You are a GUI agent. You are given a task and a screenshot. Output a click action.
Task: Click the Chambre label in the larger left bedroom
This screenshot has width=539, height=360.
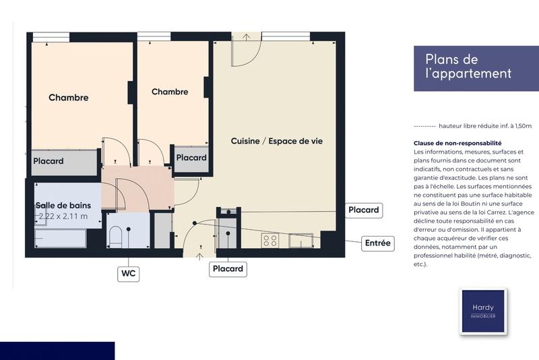(x=68, y=98)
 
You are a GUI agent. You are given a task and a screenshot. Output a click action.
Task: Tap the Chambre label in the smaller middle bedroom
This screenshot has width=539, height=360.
(x=170, y=92)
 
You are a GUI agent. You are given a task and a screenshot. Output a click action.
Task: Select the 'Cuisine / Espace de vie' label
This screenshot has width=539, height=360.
(x=276, y=141)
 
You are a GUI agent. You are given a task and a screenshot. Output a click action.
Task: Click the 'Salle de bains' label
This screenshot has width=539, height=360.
(x=67, y=205)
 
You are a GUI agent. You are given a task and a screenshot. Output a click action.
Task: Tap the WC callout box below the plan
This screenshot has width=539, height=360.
(x=128, y=274)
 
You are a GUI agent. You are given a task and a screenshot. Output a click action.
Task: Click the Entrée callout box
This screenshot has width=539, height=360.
(x=377, y=243)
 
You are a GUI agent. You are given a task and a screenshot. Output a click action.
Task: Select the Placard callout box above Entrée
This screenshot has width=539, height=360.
(x=363, y=210)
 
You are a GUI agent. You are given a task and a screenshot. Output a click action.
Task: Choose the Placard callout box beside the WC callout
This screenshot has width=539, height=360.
(x=228, y=268)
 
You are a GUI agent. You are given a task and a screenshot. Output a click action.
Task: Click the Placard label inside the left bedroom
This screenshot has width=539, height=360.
(x=49, y=161)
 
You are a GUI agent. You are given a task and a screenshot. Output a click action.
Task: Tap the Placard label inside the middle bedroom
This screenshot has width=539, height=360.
(x=191, y=158)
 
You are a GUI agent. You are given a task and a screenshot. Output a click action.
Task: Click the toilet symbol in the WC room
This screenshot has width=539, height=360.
(x=115, y=237)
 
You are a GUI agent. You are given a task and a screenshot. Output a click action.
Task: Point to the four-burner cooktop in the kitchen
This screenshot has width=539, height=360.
(x=271, y=240)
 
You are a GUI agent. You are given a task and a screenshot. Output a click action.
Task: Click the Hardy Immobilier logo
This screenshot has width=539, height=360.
(x=482, y=311)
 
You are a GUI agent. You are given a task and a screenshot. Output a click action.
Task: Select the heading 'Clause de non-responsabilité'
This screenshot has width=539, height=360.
(x=457, y=143)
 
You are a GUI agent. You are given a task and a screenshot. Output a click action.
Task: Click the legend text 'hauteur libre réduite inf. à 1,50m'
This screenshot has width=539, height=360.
(x=484, y=126)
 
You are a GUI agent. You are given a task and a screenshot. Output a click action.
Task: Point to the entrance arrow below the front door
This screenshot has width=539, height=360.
(x=199, y=255)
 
